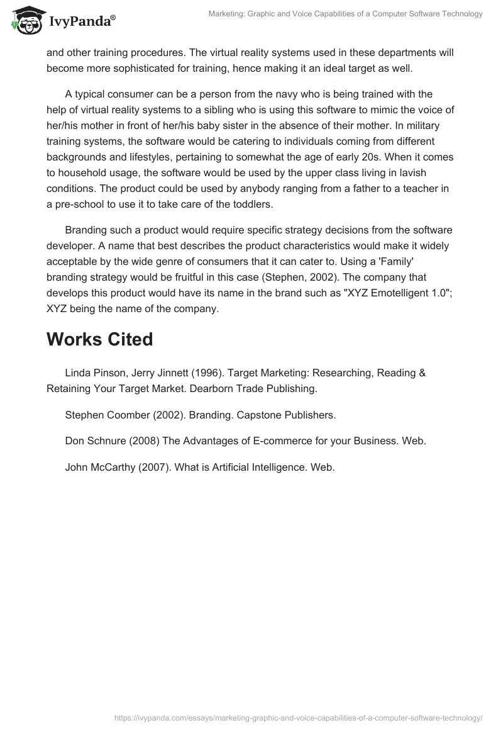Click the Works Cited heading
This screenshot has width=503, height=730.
99,339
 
